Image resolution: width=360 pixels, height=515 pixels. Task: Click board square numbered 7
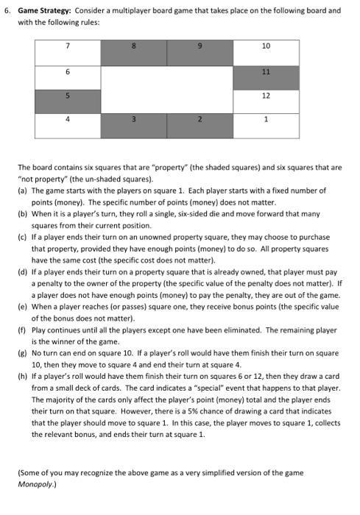[68, 53]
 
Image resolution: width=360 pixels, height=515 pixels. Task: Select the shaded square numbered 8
[134, 53]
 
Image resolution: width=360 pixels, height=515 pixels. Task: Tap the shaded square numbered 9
[200, 53]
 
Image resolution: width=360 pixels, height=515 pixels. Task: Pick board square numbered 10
[266, 53]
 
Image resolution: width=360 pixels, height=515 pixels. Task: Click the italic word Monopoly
[36, 486]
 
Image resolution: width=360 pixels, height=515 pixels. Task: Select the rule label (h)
[22, 377]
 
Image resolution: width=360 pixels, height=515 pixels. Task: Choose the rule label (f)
[22, 330]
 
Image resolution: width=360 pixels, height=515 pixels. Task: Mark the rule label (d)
[22, 271]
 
